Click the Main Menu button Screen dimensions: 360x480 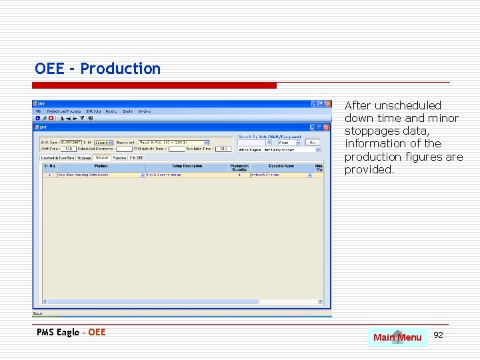click(x=397, y=337)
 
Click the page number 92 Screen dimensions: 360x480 click(x=438, y=335)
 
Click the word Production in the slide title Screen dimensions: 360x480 click(x=121, y=69)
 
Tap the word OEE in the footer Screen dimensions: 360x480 click(x=97, y=332)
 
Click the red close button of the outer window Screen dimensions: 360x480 click(x=327, y=104)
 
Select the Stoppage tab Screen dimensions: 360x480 click(x=84, y=158)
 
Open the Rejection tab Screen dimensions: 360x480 click(x=120, y=158)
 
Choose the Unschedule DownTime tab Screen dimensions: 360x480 click(x=58, y=158)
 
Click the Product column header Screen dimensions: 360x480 click(x=101, y=166)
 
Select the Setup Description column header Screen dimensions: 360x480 click(x=187, y=166)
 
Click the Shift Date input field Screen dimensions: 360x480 click(x=70, y=142)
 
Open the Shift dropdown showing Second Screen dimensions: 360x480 click(x=103, y=142)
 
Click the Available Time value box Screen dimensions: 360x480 click(x=223, y=149)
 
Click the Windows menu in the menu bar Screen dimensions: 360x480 click(x=145, y=111)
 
